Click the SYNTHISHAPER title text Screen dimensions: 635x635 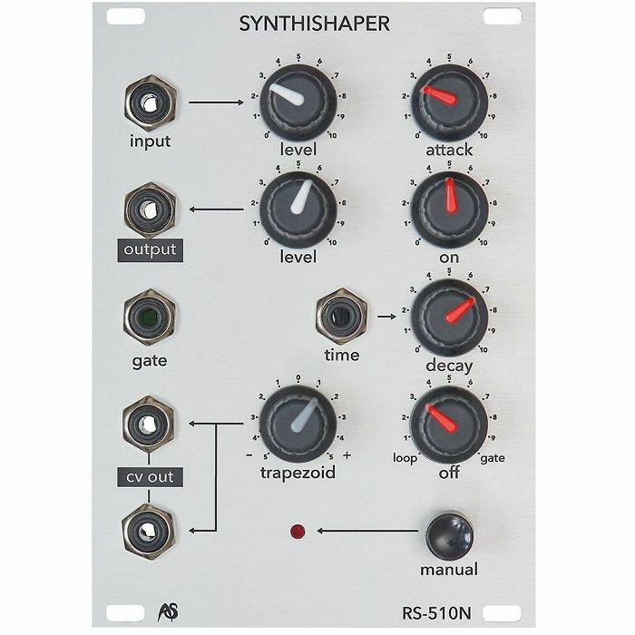click(314, 24)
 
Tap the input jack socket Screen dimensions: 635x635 click(151, 103)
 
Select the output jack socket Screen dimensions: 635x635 click(151, 210)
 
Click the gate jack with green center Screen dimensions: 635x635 click(150, 317)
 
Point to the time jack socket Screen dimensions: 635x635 click(342, 317)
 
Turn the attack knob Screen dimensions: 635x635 click(450, 102)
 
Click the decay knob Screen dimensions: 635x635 click(450, 317)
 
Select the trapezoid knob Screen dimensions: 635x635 click(298, 424)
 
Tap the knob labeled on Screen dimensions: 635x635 click(450, 210)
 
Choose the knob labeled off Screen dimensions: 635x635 click(449, 425)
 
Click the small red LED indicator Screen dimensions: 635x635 click(298, 532)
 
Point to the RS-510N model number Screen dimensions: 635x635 click(436, 613)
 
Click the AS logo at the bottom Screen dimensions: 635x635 click(168, 612)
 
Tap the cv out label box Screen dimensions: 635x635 click(150, 477)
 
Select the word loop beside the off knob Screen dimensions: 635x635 click(405, 458)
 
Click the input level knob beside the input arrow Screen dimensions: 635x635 click(298, 102)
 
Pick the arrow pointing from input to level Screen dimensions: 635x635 click(216, 103)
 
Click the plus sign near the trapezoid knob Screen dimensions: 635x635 click(347, 455)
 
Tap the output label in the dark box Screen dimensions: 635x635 click(150, 249)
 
